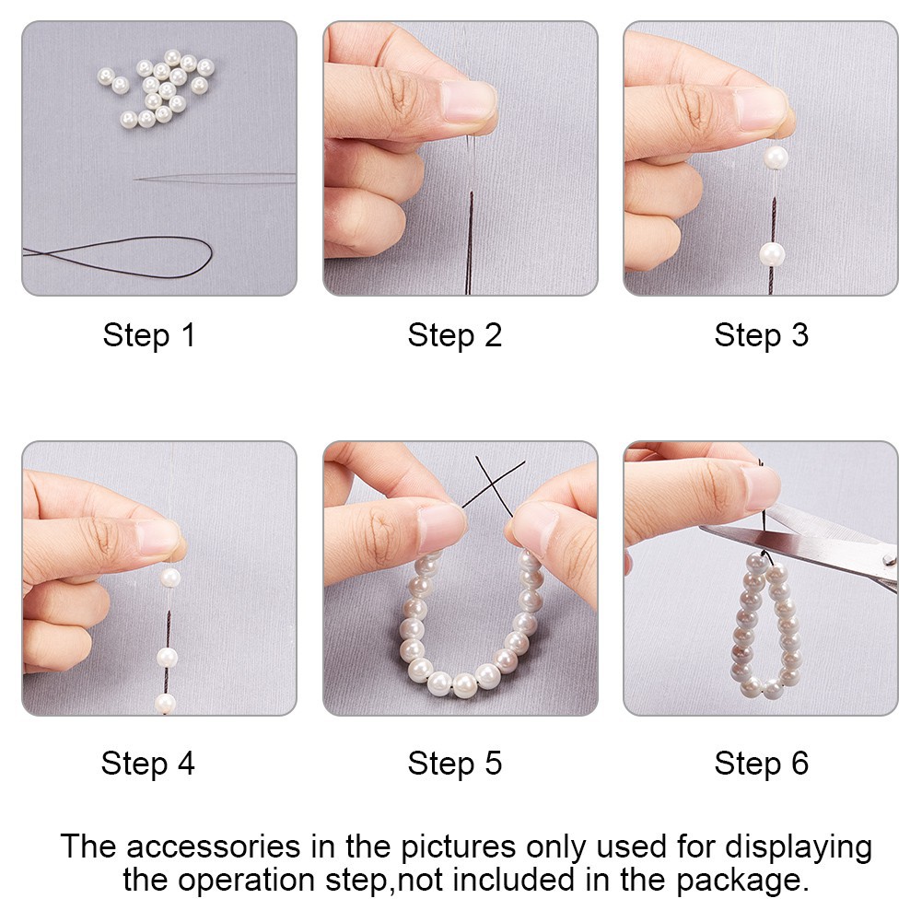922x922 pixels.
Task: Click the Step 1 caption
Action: pyautogui.click(x=149, y=336)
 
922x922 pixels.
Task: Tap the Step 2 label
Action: pyautogui.click(x=454, y=336)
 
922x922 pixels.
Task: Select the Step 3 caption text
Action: pyautogui.click(x=762, y=336)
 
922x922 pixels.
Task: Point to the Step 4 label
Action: pyautogui.click(x=147, y=764)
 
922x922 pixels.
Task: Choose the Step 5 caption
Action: pyautogui.click(x=454, y=764)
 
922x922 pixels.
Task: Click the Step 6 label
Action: pyautogui.click(x=762, y=764)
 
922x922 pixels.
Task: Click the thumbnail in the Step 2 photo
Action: pyautogui.click(x=468, y=101)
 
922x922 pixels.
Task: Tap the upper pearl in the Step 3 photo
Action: pyautogui.click(x=776, y=157)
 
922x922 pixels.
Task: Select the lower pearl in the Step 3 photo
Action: pyautogui.click(x=772, y=254)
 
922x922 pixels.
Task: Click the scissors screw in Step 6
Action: pyautogui.click(x=891, y=561)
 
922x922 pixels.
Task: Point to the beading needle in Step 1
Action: pyautogui.click(x=215, y=178)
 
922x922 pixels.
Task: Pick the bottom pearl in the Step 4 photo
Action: pyautogui.click(x=165, y=704)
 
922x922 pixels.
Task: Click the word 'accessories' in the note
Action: pyautogui.click(x=213, y=847)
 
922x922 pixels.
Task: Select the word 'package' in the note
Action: pyautogui.click(x=740, y=881)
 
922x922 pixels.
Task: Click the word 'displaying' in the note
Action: pyautogui.click(x=799, y=848)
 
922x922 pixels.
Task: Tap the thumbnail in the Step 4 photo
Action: pyautogui.click(x=157, y=537)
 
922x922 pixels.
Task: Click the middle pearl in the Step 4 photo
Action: pyautogui.click(x=167, y=657)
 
